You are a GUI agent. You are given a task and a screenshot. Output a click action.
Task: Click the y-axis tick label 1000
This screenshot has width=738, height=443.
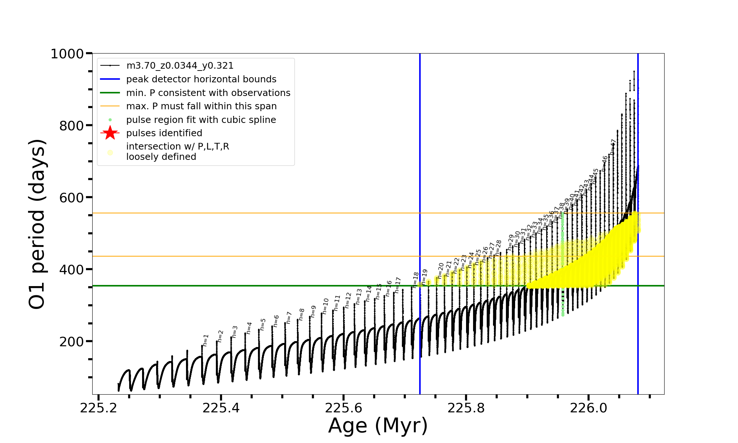click(x=67, y=54)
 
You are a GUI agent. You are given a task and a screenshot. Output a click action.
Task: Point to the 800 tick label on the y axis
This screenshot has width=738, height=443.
click(x=72, y=126)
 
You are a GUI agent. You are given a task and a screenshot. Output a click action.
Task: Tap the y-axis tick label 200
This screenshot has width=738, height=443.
click(x=72, y=342)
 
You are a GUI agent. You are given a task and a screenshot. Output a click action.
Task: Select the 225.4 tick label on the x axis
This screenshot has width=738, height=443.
click(x=221, y=408)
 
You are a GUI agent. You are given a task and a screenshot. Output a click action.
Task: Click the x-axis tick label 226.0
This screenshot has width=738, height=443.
click(x=589, y=408)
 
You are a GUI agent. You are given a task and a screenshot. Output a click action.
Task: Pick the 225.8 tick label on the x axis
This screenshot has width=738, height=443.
click(x=466, y=408)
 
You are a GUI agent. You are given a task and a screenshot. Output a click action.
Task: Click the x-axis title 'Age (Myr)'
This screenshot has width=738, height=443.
click(x=378, y=426)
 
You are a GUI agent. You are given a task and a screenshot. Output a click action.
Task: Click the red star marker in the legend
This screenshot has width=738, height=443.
click(x=110, y=133)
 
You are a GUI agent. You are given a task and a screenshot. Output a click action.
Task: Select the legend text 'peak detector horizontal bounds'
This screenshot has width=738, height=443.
click(x=201, y=79)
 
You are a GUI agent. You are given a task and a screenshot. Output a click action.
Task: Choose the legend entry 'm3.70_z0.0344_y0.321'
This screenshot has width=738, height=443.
click(x=180, y=66)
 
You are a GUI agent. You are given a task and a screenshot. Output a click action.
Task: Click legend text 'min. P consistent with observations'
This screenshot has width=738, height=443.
click(x=208, y=93)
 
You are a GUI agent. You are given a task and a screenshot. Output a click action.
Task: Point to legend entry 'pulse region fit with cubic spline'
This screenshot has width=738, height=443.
click(x=201, y=120)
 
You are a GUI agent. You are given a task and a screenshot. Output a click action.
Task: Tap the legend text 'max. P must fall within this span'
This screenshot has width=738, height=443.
click(x=201, y=106)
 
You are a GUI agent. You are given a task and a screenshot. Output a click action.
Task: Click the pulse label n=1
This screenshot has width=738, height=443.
click(x=206, y=340)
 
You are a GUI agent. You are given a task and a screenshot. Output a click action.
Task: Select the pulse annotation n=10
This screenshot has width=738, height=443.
click(x=325, y=306)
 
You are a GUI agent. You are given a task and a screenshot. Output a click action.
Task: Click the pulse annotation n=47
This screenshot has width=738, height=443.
click(x=613, y=147)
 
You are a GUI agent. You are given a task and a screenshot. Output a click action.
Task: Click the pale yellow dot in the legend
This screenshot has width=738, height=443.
click(x=110, y=152)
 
